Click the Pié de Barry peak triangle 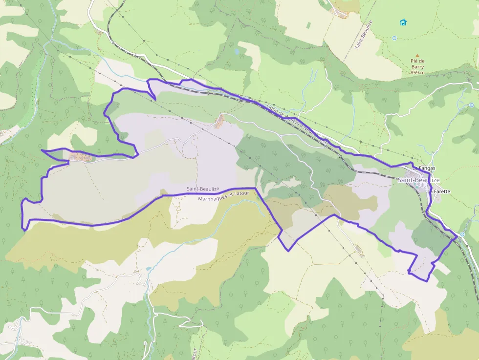(417, 56)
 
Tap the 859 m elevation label (417, 73)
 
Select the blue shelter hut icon (403, 22)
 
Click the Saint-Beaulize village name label (418, 180)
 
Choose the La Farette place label (438, 191)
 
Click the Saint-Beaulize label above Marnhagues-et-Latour (202, 189)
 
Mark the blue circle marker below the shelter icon (394, 38)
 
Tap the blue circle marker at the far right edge (471, 105)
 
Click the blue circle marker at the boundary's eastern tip (462, 234)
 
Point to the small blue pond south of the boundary (148, 269)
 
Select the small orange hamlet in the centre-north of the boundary (220, 120)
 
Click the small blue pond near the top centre (237, 50)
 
